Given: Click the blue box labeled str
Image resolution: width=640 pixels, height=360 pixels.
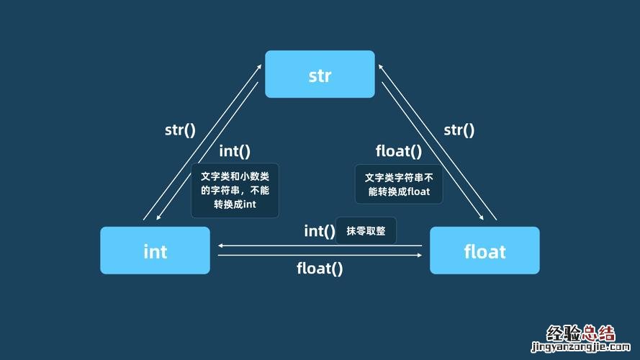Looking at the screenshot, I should pyautogui.click(x=320, y=74).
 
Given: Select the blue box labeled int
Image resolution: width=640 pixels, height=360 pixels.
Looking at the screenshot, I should pyautogui.click(x=155, y=251).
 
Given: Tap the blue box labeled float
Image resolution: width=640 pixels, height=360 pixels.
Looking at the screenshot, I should pyautogui.click(x=484, y=251).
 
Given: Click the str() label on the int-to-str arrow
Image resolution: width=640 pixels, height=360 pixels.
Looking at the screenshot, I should pyautogui.click(x=180, y=130).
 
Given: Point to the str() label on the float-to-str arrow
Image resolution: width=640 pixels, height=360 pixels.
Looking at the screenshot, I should pyautogui.click(x=459, y=130).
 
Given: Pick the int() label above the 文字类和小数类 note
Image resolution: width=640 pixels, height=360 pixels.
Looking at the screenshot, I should pyautogui.click(x=235, y=151).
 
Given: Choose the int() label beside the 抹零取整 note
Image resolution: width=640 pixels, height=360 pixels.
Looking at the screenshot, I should pyautogui.click(x=320, y=231).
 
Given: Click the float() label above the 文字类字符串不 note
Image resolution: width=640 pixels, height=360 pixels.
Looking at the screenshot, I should pyautogui.click(x=399, y=151).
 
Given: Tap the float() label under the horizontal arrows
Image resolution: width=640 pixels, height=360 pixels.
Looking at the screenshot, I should pyautogui.click(x=320, y=269).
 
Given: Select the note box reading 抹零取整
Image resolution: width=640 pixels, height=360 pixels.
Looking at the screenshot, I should pyautogui.click(x=366, y=231).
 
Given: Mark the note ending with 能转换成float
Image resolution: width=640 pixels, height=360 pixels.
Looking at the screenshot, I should pyautogui.click(x=398, y=184).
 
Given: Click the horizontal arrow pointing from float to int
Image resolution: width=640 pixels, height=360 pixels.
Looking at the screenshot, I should pyautogui.click(x=320, y=246).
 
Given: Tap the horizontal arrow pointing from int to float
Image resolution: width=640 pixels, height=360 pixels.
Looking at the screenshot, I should pyautogui.click(x=320, y=255).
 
